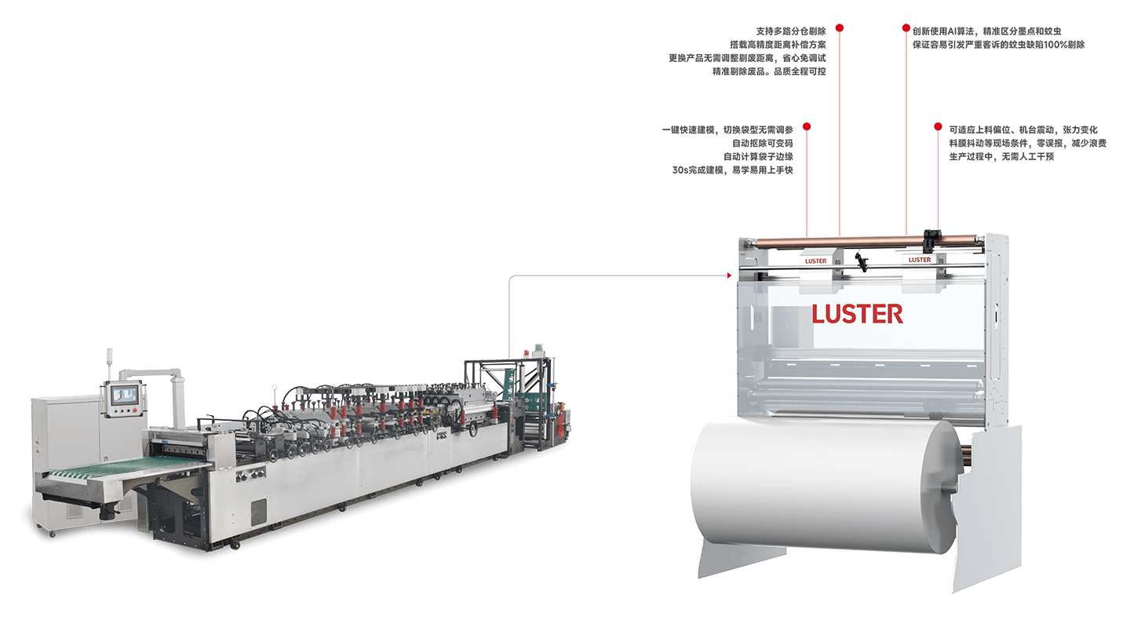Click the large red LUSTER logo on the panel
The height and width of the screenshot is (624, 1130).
tap(857, 314)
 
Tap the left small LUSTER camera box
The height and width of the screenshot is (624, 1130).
tap(816, 261)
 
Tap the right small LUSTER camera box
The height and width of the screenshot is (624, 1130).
tap(920, 260)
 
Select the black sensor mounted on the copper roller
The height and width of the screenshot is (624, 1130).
tap(932, 235)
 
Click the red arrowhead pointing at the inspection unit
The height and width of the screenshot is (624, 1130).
tap(730, 276)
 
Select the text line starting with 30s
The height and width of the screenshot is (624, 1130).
tap(732, 170)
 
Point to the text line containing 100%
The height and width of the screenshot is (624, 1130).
tap(998, 45)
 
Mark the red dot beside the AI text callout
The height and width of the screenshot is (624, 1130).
tap(906, 28)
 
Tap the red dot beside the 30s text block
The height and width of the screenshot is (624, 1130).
tap(807, 126)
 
